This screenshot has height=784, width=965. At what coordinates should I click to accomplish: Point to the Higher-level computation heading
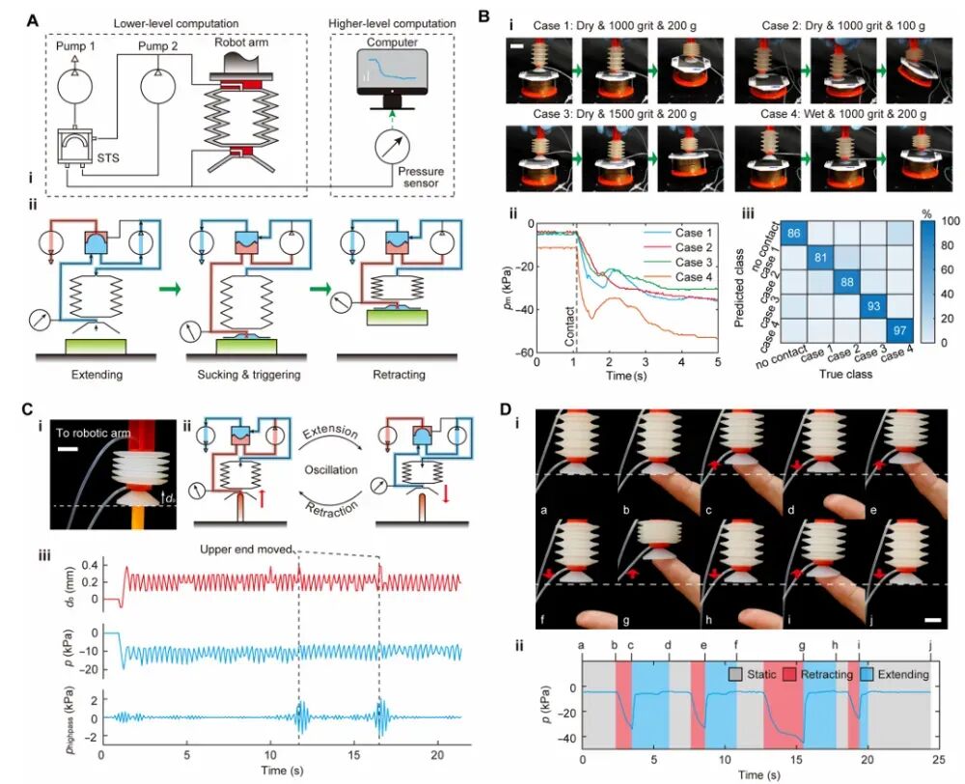pyautogui.click(x=393, y=23)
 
